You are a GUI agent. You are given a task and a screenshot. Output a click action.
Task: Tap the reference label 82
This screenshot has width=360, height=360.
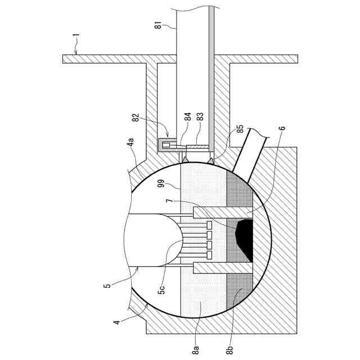135,118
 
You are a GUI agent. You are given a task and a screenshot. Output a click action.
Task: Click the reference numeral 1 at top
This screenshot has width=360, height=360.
76,39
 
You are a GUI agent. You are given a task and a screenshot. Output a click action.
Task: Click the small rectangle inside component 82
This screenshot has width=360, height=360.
165,146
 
